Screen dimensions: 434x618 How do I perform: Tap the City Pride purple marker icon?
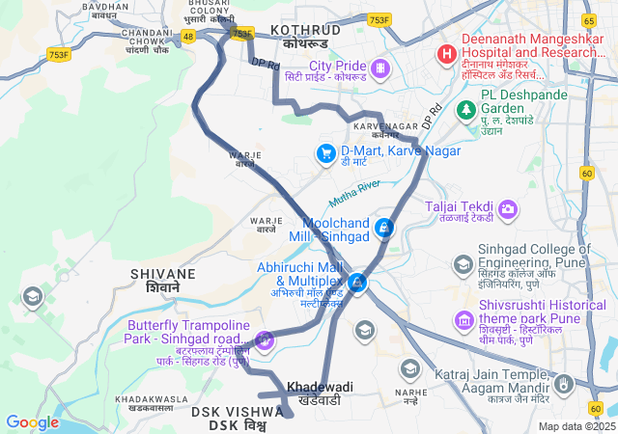click(379, 68)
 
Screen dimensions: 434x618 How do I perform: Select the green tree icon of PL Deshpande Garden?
click(467, 110)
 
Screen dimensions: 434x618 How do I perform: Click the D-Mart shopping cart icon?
click(325, 153)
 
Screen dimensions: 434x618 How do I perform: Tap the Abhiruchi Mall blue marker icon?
click(358, 282)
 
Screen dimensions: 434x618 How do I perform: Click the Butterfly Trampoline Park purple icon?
click(265, 339)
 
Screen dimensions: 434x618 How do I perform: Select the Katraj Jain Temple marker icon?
click(566, 384)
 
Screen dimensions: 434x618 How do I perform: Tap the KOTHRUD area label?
click(305, 30)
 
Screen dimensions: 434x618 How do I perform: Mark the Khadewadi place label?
click(320, 387)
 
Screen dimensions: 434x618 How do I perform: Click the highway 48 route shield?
click(188, 36)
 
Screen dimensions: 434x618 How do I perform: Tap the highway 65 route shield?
click(588, 20)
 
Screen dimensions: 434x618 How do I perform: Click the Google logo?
click(32, 421)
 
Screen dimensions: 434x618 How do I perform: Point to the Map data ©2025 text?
click(576, 426)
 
